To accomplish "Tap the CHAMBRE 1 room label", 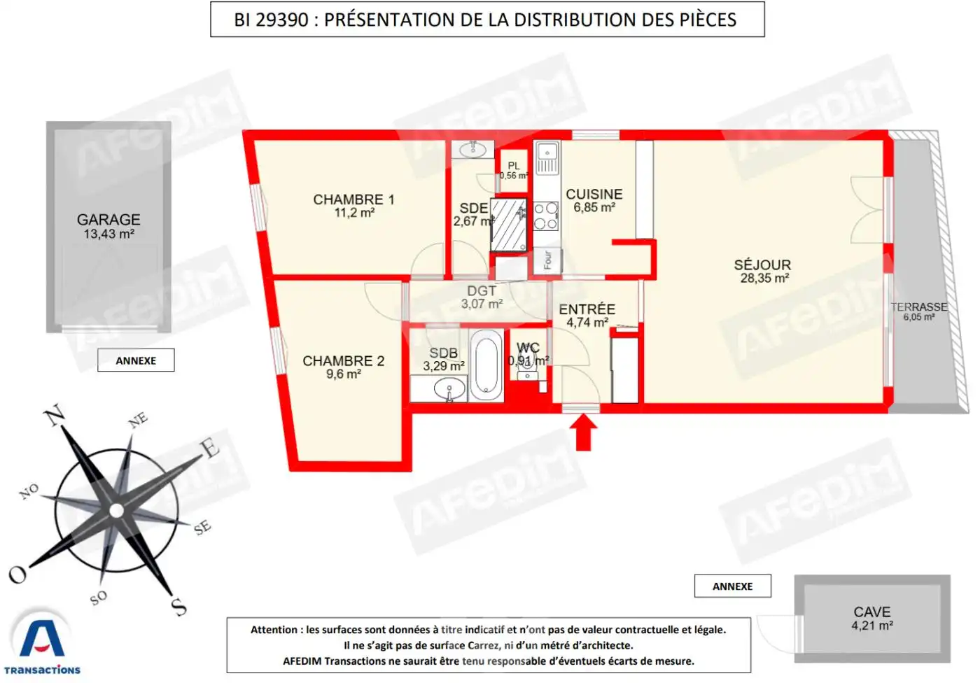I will click(353, 206).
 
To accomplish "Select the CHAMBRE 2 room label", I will click(343, 367).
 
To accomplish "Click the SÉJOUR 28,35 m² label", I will click(762, 271).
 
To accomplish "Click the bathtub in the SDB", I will click(485, 365).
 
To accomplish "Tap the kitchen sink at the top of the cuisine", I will click(547, 159).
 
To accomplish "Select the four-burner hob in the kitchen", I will click(546, 216).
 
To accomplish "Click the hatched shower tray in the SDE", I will click(508, 225).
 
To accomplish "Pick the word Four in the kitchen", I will click(547, 260).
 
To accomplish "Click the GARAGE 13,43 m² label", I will click(108, 226).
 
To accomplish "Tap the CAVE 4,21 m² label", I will click(871, 618).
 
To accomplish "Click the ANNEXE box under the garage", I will click(136, 360).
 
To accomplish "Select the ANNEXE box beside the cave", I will click(732, 586).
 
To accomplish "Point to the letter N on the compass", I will click(55, 416).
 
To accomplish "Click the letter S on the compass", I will click(179, 606).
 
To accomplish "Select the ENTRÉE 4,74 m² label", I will click(587, 315).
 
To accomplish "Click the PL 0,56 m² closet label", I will click(514, 171).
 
